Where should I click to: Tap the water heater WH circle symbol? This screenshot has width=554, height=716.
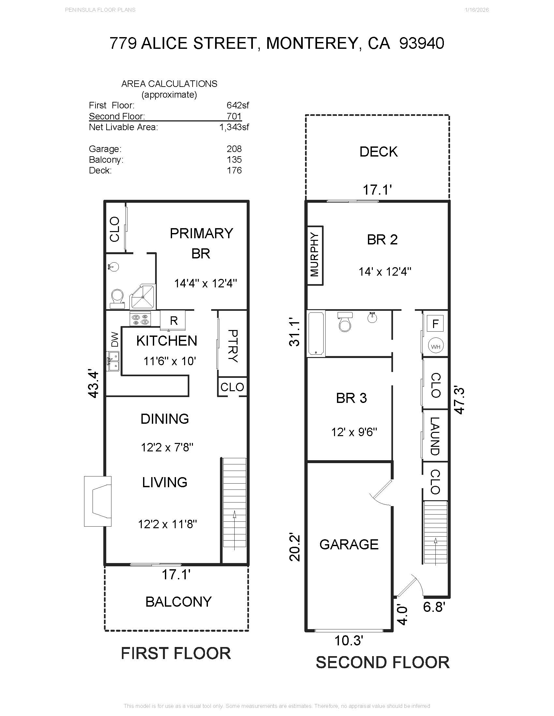pos(435,347)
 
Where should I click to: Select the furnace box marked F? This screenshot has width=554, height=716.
pos(435,324)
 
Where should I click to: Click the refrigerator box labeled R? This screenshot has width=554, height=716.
pos(173,320)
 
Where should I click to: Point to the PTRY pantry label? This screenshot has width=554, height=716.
pos(233,346)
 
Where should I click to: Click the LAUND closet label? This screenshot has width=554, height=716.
pos(435,436)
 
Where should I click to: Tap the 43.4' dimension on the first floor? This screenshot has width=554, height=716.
pos(94,384)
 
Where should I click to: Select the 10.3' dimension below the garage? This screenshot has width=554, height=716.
pos(349,640)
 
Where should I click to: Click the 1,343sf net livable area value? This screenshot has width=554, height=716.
pos(234,127)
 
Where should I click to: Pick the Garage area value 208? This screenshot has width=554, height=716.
pos(234,149)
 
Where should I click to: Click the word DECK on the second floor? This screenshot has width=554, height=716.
pos(378,152)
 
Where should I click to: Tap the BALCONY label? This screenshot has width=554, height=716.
pos(179,601)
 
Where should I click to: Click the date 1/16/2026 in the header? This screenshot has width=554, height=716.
pos(476,10)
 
